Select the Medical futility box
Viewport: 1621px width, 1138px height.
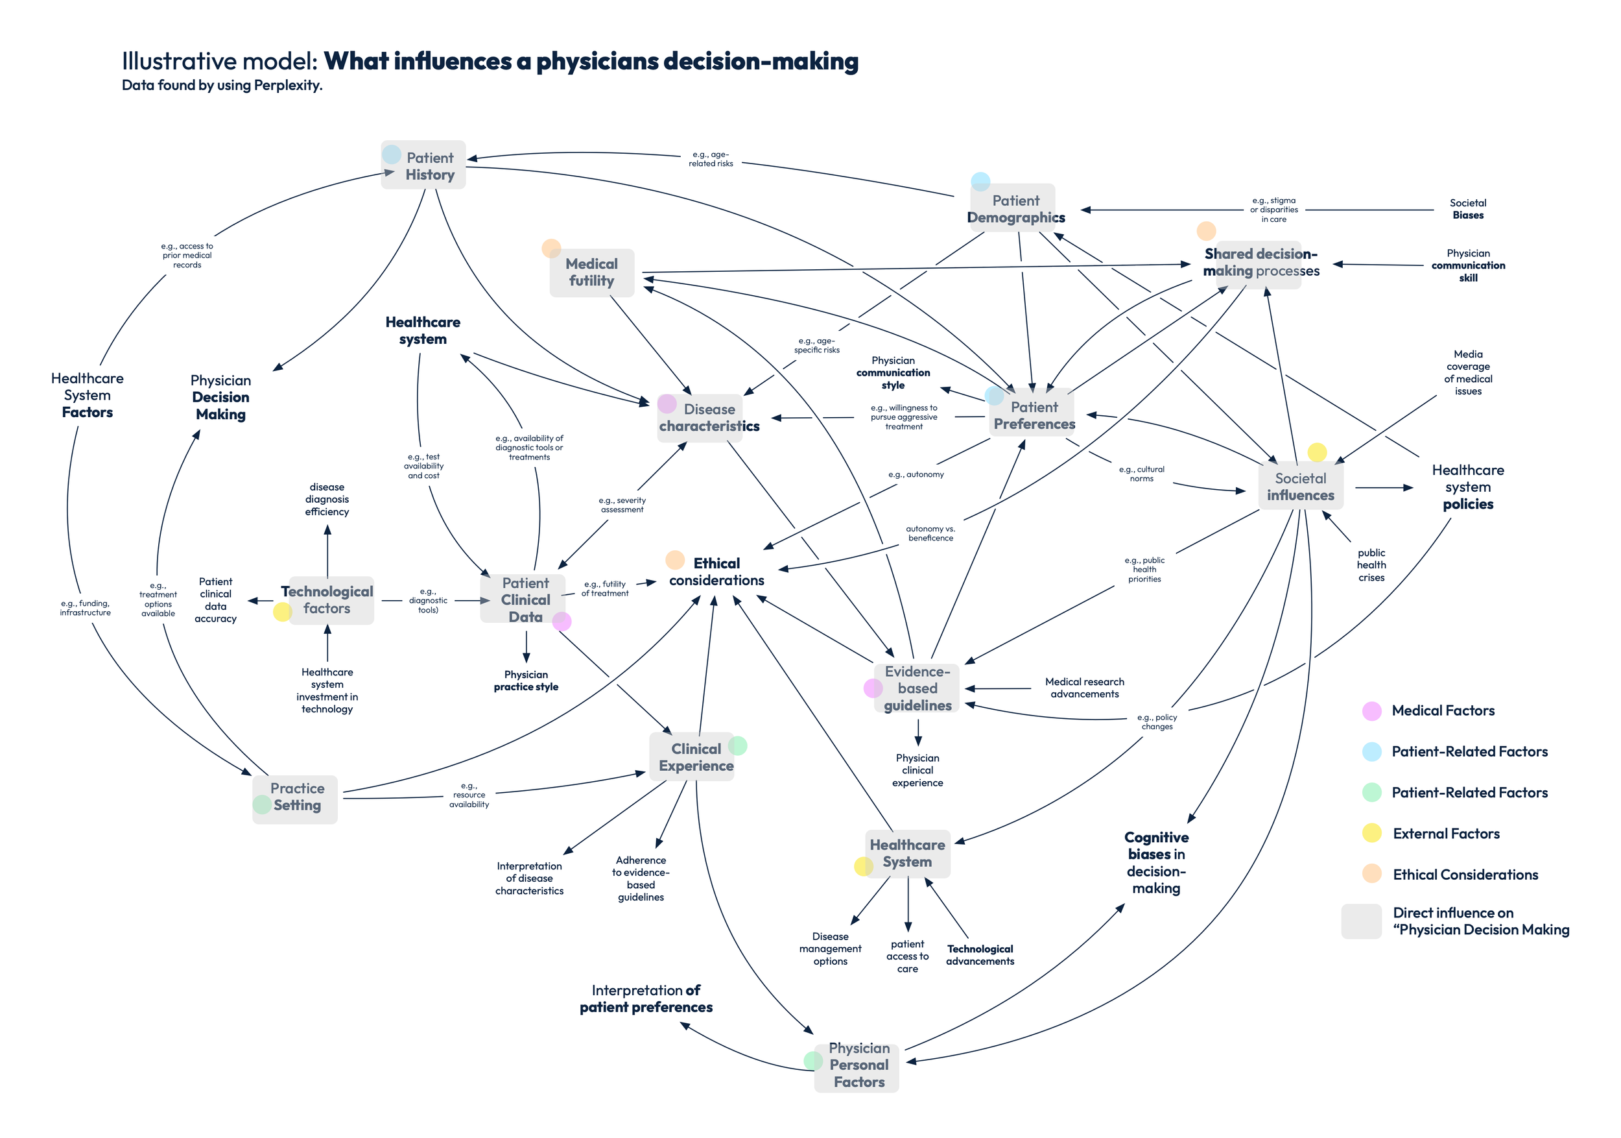coord(591,272)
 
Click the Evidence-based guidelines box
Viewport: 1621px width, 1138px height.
coord(917,688)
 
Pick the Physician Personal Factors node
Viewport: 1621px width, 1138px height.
coord(857,1065)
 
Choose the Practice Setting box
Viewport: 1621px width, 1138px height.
coord(296,797)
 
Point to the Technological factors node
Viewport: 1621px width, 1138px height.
coord(327,599)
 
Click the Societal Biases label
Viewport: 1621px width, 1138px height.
coord(1467,209)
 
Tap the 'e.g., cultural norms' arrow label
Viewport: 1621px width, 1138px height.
coord(1141,474)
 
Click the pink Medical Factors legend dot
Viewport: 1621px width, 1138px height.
coord(1371,710)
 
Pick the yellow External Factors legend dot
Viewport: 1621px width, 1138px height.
coord(1371,834)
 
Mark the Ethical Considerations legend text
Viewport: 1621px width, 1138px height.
coord(1465,875)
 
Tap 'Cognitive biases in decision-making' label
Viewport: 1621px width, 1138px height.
coord(1155,862)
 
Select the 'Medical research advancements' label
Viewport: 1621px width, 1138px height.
coord(1083,688)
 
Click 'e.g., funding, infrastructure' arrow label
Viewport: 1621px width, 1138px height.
coord(86,608)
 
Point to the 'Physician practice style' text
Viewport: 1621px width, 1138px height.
coord(526,681)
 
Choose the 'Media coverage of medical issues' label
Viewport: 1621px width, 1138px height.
coord(1467,372)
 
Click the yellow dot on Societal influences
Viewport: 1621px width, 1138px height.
coord(1317,452)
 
